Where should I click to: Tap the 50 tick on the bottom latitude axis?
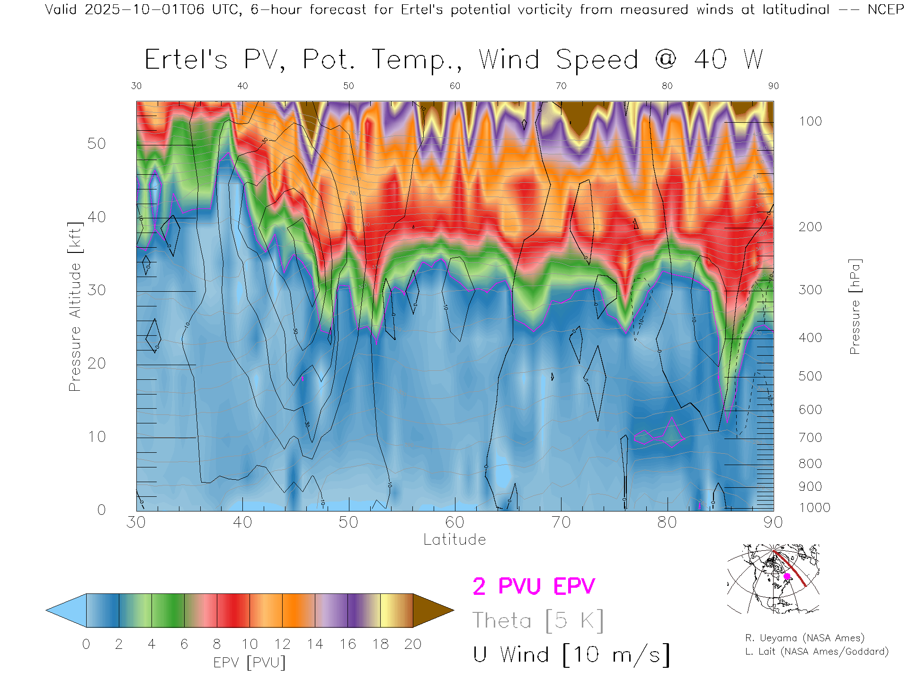point(348,522)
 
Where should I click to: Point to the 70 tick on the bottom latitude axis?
point(561,522)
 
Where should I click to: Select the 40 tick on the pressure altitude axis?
point(97,217)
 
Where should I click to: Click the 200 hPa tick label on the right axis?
point(810,227)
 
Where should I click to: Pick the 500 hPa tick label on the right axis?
point(810,376)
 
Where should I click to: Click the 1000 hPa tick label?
point(814,508)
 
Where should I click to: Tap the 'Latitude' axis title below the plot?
point(454,540)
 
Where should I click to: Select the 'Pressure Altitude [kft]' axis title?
point(75,306)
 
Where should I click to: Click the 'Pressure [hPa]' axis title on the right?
point(855,306)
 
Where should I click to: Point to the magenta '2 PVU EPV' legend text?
point(534,586)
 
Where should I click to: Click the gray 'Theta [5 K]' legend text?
point(538,620)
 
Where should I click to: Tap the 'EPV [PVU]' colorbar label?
point(250,663)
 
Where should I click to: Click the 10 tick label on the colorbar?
point(250,644)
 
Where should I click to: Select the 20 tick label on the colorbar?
point(413,644)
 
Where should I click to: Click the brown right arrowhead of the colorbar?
point(431,610)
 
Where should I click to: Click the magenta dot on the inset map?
point(787,576)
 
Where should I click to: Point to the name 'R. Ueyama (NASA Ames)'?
point(805,638)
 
